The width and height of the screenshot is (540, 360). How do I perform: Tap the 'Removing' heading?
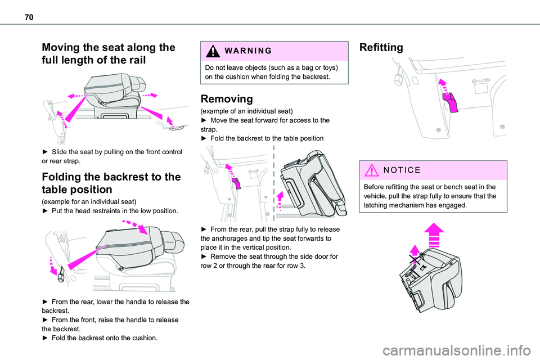point(227,99)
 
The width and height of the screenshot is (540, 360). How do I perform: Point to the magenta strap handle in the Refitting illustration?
point(451,102)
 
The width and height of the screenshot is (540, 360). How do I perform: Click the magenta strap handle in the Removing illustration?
point(236,183)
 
